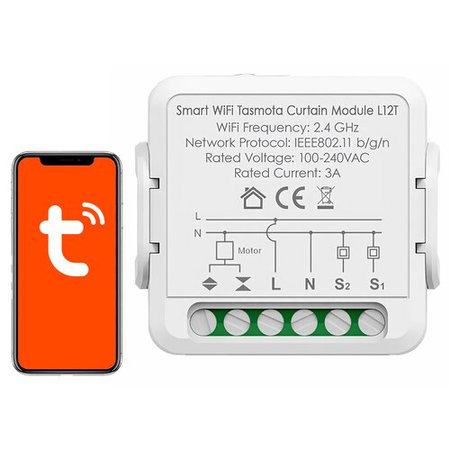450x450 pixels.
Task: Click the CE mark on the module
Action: point(290,198)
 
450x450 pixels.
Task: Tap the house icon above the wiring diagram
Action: point(253,198)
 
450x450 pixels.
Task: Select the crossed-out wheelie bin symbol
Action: point(326,198)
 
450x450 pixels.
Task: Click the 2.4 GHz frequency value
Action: point(336,128)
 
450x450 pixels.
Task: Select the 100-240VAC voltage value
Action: point(334,157)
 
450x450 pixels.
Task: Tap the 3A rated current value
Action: point(333,173)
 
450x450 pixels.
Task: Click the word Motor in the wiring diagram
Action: point(249,250)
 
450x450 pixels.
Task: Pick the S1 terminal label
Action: point(377,284)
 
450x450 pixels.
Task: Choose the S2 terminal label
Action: point(342,284)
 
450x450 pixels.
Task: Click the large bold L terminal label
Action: point(275,283)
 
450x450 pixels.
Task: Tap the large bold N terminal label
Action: point(310,283)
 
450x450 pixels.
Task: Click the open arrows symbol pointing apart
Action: point(210,283)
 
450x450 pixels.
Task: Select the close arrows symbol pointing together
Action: point(243,283)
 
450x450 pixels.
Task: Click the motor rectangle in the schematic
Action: point(225,250)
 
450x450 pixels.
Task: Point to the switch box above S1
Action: point(373,253)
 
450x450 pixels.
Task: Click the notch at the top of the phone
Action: point(67,161)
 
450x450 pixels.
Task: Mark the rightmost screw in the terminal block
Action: point(371,323)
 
